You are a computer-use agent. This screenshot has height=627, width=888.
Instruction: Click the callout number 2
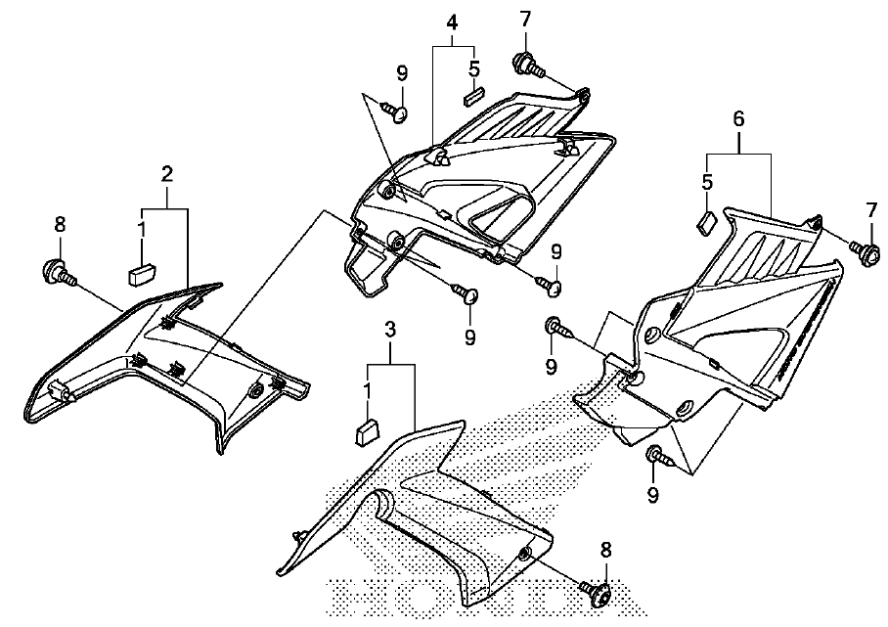point(166,174)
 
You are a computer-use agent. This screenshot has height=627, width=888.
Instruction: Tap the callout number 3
point(390,330)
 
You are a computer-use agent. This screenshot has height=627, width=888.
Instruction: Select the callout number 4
point(452,22)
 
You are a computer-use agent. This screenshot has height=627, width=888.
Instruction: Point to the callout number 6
point(738,119)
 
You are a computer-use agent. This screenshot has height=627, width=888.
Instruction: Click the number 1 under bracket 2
point(142,230)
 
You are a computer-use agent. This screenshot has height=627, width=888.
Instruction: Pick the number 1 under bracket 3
point(368,391)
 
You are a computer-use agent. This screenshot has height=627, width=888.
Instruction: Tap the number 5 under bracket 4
point(474,68)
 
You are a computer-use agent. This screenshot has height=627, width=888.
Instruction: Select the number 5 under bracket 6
point(707,182)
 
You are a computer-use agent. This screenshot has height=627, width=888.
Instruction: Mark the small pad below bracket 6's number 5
point(706,223)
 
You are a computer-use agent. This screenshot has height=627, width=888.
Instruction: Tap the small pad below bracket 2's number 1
point(142,274)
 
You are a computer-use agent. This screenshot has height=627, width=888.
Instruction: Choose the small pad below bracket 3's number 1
point(368,432)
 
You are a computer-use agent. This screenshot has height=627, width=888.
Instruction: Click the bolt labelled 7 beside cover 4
point(528,66)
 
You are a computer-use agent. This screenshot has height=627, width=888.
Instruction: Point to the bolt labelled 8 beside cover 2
point(58,272)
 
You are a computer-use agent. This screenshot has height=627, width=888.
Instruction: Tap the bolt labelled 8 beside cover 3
point(595,592)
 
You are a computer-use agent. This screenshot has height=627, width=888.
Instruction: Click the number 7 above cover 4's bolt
point(526,20)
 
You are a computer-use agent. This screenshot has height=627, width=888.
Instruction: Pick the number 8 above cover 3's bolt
point(606,550)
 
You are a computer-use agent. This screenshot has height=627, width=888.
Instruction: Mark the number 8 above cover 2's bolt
point(60,224)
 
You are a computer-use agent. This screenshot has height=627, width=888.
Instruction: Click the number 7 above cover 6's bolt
point(870,210)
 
